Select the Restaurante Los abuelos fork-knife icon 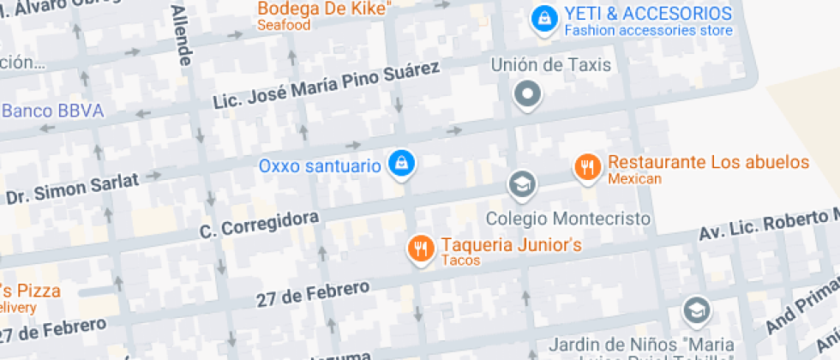tap(587, 168)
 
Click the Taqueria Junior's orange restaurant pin tap(419, 249)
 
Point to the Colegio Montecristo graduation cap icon tap(520, 183)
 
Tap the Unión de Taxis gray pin tap(528, 93)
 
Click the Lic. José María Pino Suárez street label tap(326, 87)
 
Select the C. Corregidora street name tap(259, 225)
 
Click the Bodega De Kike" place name tap(324, 9)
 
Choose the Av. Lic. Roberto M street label tap(768, 224)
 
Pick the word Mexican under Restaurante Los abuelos tap(635, 179)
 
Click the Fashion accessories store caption tap(649, 31)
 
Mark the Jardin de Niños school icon tap(697, 309)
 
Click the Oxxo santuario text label tap(320, 165)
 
